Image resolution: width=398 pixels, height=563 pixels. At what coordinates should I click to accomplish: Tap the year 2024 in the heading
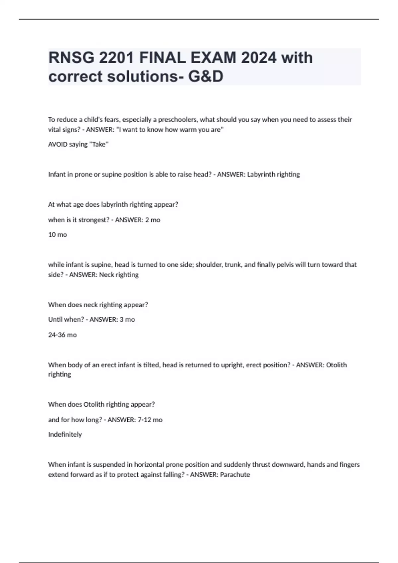tap(259, 58)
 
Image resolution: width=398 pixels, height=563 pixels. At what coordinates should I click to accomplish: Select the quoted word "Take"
tap(99, 144)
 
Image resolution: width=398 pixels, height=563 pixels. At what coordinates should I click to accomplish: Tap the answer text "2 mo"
tap(153, 220)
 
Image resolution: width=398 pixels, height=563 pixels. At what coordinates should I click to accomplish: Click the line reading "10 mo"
tap(58, 235)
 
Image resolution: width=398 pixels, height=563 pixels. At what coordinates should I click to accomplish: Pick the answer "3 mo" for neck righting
tap(127, 320)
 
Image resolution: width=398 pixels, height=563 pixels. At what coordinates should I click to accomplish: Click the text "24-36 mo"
tap(62, 335)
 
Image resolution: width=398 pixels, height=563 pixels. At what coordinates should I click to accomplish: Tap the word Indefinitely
tap(65, 435)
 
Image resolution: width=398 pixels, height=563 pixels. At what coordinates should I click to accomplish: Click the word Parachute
tap(235, 475)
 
